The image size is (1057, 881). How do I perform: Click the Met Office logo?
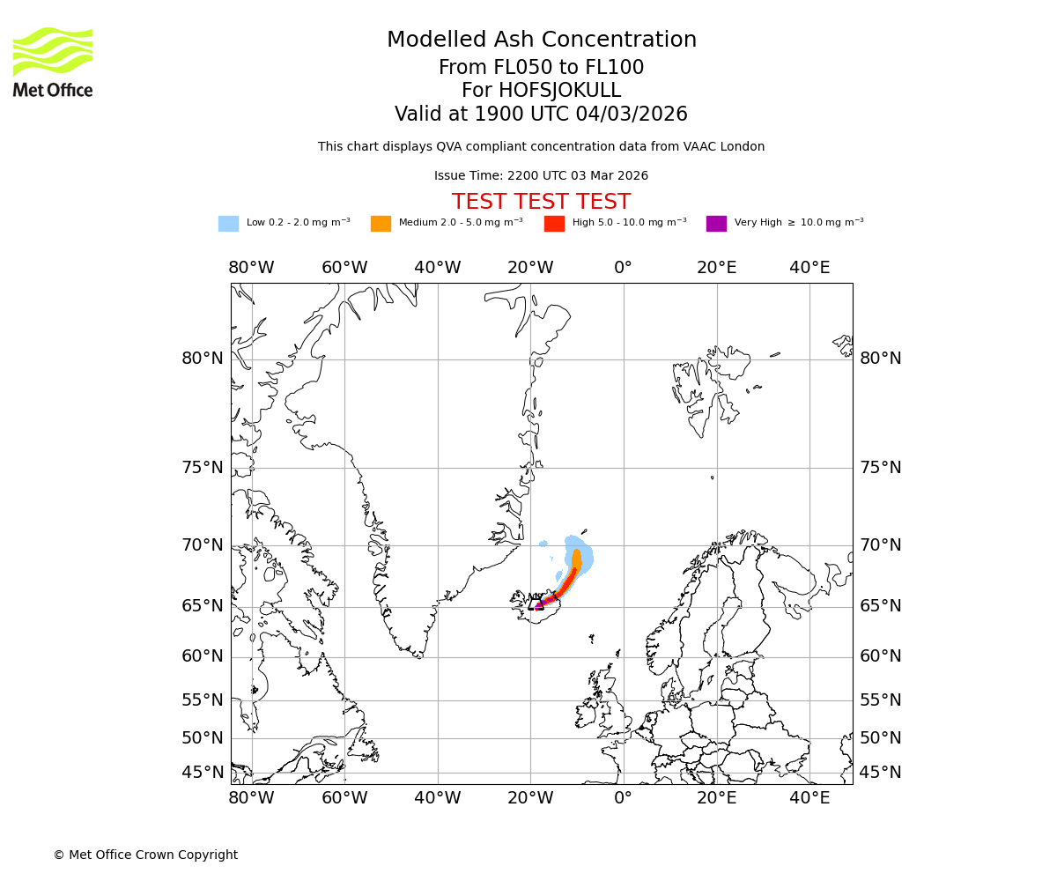pyautogui.click(x=53, y=62)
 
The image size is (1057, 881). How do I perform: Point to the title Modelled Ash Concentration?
pyautogui.click(x=541, y=41)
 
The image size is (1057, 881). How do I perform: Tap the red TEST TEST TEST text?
pyautogui.click(x=541, y=202)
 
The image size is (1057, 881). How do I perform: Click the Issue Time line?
pyautogui.click(x=541, y=176)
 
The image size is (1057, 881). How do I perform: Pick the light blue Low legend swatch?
pyautogui.click(x=228, y=224)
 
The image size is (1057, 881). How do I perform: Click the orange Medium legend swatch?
pyautogui.click(x=381, y=224)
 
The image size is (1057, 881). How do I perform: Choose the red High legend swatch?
pyautogui.click(x=554, y=224)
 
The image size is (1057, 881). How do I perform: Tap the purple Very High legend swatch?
pyautogui.click(x=716, y=224)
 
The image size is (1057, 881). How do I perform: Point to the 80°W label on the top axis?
pyautogui.click(x=251, y=268)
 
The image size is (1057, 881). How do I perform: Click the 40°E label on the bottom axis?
pyautogui.click(x=809, y=798)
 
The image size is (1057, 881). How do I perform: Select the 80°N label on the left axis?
pyautogui.click(x=203, y=359)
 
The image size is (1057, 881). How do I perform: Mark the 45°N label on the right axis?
pyautogui.click(x=881, y=773)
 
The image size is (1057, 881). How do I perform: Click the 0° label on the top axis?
pyautogui.click(x=624, y=268)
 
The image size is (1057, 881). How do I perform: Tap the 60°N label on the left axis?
pyautogui.click(x=203, y=656)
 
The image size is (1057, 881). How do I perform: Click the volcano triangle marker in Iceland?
pyautogui.click(x=535, y=603)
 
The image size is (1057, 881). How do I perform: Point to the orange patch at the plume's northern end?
pyautogui.click(x=577, y=559)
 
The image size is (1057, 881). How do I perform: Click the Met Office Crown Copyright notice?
pyautogui.click(x=145, y=855)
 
